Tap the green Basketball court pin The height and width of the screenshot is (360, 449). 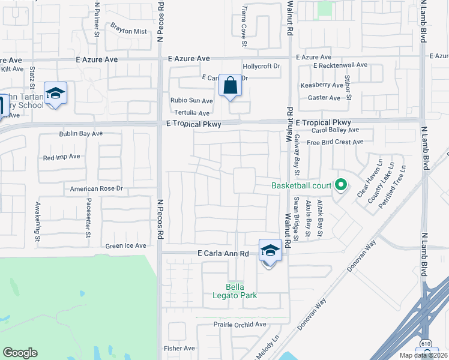(341, 185)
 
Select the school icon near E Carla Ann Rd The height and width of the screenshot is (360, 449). (270, 251)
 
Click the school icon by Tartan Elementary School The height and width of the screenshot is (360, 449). (55, 94)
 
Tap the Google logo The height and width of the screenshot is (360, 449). (20, 353)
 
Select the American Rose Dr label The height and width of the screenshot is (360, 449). (96, 189)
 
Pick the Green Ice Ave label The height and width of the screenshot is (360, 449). (125, 245)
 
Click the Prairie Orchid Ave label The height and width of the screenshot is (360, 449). (240, 325)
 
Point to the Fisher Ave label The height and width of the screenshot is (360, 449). (179, 348)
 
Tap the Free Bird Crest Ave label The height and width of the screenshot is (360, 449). (335, 142)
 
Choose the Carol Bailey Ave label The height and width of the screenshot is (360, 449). (335, 130)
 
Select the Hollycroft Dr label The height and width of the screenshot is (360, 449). (261, 67)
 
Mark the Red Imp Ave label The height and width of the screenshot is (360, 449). (61, 157)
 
